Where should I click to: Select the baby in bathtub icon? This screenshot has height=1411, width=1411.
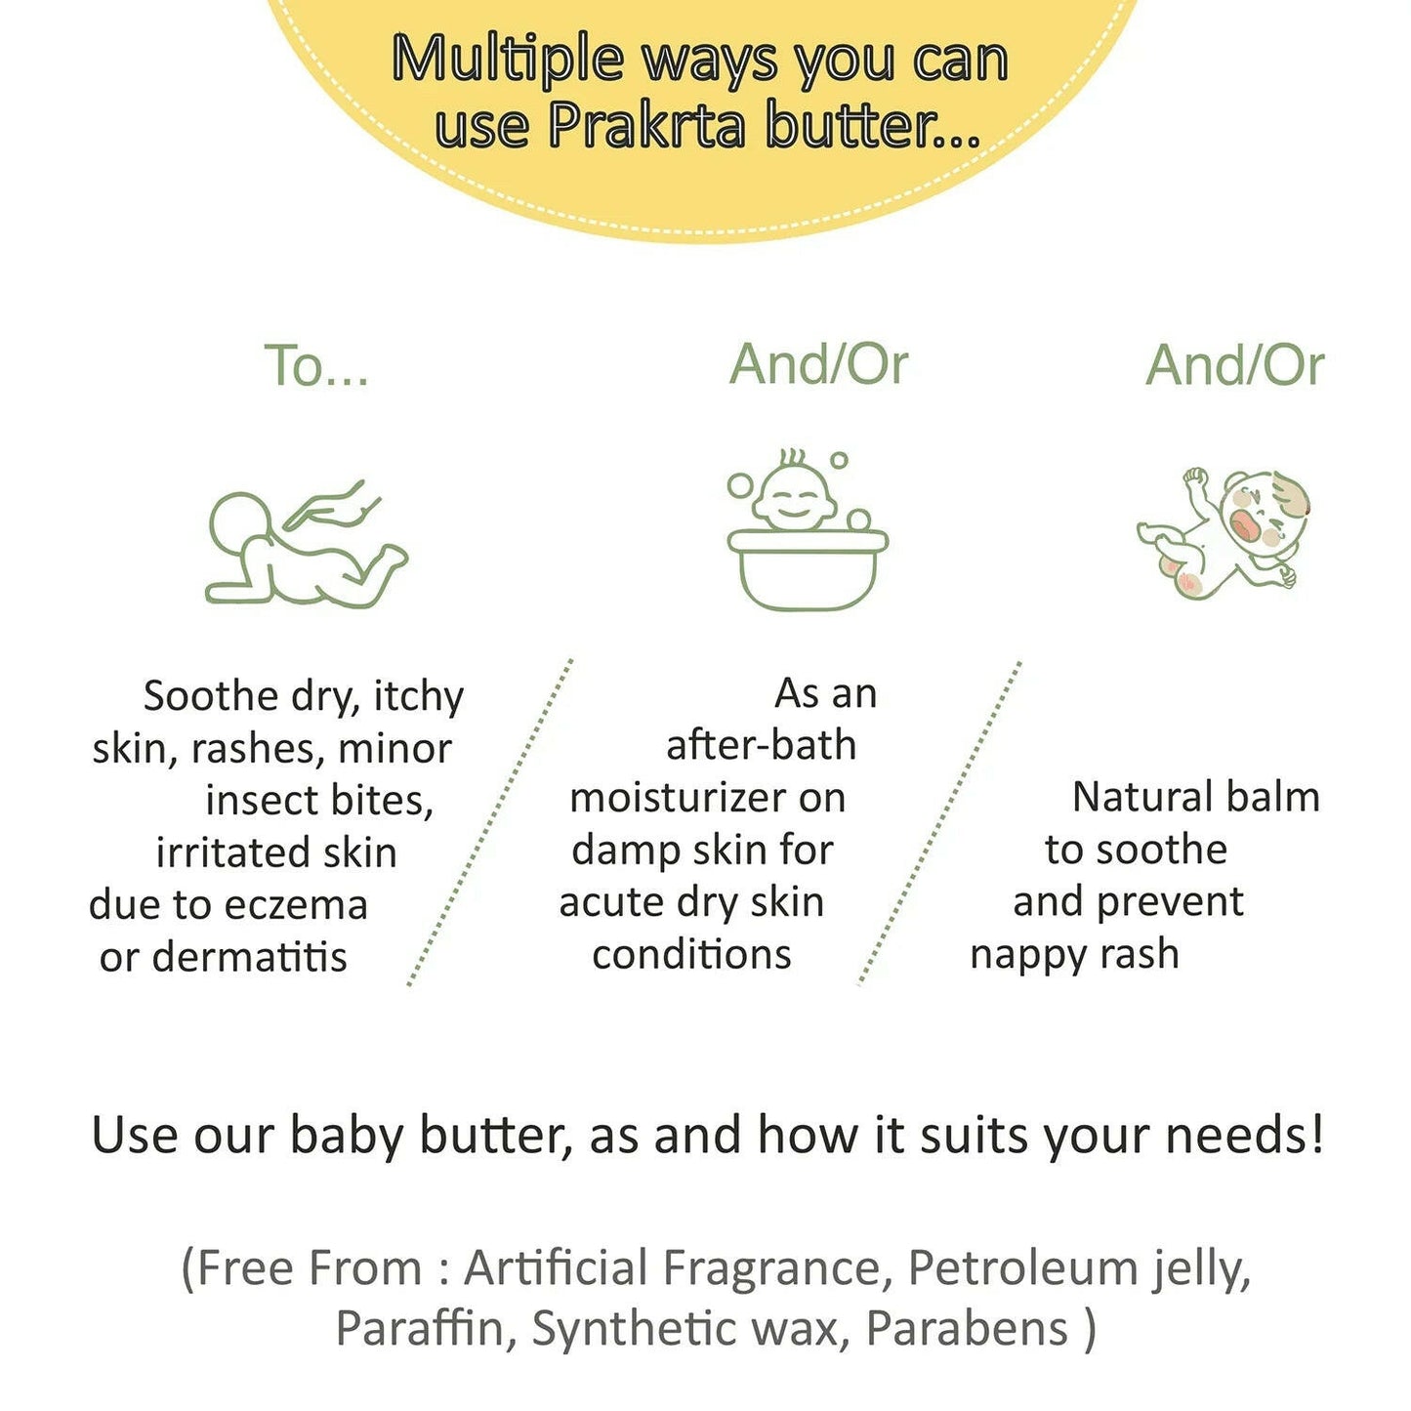pyautogui.click(x=807, y=529)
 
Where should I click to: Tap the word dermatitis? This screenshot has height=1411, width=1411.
pyautogui.click(x=249, y=957)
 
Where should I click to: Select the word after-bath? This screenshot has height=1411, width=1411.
pyautogui.click(x=761, y=745)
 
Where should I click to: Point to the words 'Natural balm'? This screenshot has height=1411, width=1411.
pyautogui.click(x=1196, y=797)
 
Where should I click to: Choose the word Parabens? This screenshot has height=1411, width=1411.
pyautogui.click(x=967, y=1329)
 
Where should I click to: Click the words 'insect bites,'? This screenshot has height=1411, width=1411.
pyautogui.click(x=319, y=801)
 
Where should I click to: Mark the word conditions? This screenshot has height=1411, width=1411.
pyautogui.click(x=692, y=955)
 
